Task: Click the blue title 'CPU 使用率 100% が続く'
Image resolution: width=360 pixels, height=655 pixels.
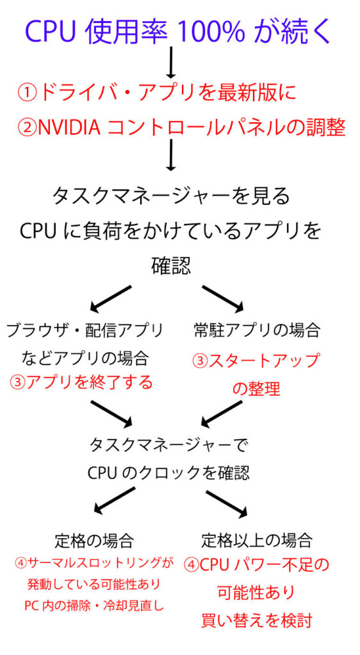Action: tap(179, 31)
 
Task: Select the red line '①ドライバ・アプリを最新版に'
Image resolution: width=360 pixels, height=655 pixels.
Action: tap(157, 93)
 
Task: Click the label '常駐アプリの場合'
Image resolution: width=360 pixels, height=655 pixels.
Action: tap(256, 331)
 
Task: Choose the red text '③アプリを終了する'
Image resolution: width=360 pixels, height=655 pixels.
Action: tap(81, 383)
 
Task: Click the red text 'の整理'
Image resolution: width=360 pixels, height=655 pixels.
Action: tap(256, 388)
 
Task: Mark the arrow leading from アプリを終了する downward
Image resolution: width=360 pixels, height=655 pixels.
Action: tap(110, 413)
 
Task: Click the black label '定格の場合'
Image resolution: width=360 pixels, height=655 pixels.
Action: tap(94, 541)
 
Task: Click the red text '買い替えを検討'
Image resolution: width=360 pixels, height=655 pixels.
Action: tap(256, 620)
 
